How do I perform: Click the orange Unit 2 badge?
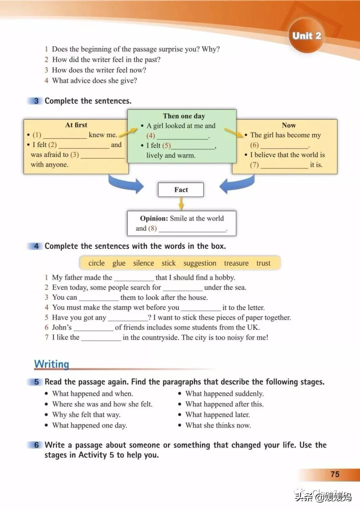pos(307,35)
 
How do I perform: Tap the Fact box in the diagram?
pos(181,190)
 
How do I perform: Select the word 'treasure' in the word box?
pos(236,263)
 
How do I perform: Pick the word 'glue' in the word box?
pos(119,263)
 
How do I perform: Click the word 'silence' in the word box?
pos(144,263)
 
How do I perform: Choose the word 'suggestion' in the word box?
pos(200,263)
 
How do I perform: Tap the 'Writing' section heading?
pos(52,364)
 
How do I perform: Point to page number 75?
pos(335,474)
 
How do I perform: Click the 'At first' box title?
pos(76,125)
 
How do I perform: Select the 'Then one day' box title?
pos(184,116)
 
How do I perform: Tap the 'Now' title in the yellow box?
pos(289,125)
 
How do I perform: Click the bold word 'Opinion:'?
pos(154,218)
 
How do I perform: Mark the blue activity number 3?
pos(36,101)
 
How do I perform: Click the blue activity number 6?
pos(36,445)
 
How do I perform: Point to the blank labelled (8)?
pos(192,229)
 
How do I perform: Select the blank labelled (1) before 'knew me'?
pos(65,135)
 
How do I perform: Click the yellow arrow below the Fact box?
pos(181,203)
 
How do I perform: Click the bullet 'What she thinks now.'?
pos(218,425)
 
